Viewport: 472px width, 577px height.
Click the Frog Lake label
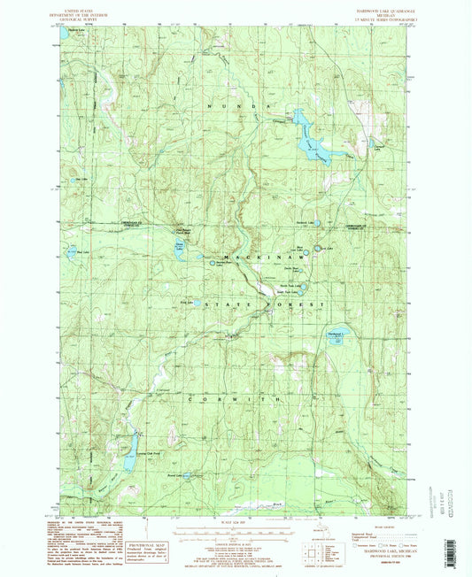pos(187,300)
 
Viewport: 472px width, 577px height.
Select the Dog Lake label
pos(81,179)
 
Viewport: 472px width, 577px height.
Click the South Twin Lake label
pos(291,292)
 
